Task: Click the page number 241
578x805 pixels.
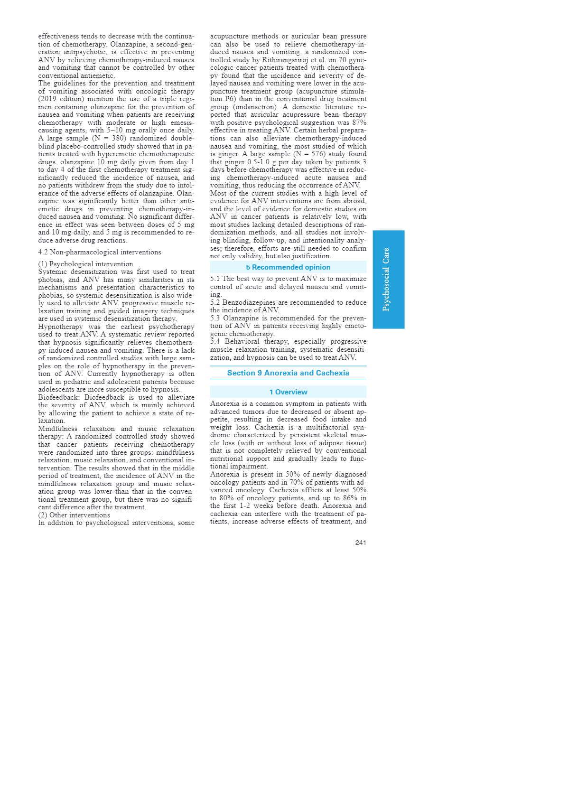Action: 361,543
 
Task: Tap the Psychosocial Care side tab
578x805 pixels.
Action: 388,279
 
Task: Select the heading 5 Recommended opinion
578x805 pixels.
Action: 288,267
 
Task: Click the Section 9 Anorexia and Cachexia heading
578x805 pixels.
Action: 288,373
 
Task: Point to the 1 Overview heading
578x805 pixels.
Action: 288,392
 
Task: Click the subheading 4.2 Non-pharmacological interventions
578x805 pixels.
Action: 100,252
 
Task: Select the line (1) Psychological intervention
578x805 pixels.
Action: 85,264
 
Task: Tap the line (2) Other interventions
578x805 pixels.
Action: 74,515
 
